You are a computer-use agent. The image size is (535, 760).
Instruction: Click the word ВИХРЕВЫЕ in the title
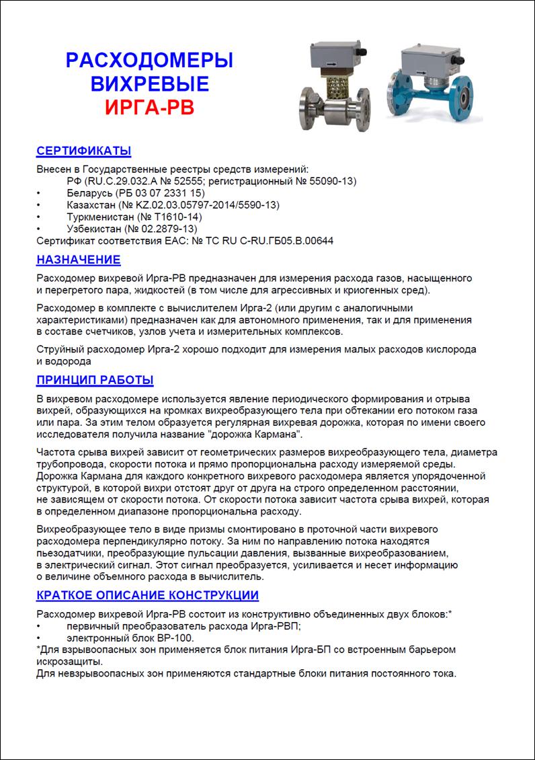point(149,83)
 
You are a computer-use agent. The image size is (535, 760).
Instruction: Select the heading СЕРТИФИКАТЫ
point(83,151)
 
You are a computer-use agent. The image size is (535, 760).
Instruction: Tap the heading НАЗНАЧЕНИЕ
point(78,260)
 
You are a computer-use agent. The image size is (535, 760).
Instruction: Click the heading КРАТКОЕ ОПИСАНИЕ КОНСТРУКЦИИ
point(147,595)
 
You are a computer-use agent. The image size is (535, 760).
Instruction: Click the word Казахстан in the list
point(91,205)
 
